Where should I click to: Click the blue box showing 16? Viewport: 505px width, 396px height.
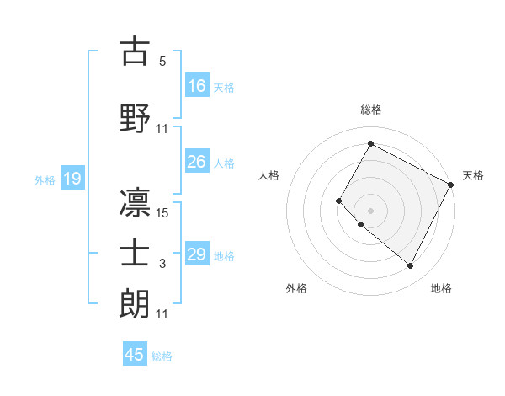(198, 86)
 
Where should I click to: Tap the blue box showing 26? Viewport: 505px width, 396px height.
(198, 162)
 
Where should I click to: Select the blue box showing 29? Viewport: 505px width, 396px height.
(198, 254)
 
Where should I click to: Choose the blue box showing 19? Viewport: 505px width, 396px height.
(72, 179)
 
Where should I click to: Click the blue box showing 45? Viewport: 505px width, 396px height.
(135, 355)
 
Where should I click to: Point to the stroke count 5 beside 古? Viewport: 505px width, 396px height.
(162, 62)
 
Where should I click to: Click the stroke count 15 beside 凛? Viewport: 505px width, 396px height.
(162, 212)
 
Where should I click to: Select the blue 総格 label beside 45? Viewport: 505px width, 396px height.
(162, 356)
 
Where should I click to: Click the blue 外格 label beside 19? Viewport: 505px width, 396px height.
(45, 179)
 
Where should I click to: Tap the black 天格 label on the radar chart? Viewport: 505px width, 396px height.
(473, 175)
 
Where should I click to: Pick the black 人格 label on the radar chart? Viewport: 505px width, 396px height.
(269, 175)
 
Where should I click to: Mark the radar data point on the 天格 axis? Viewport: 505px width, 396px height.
(451, 185)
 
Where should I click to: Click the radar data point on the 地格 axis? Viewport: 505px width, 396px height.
(411, 266)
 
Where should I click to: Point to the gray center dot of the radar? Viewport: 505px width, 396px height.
(370, 211)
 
